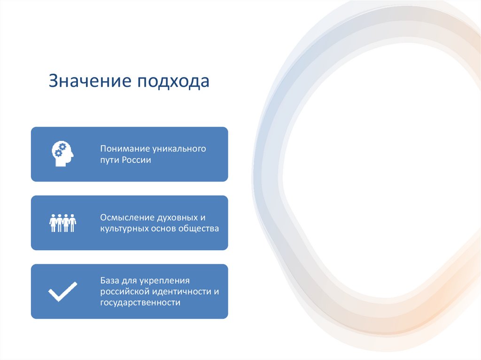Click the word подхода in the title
[x=173, y=81]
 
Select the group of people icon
[x=62, y=222]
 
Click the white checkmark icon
[x=62, y=291]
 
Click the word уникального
[x=179, y=149]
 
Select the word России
[x=137, y=160]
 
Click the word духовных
[x=176, y=218]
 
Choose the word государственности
[x=140, y=303]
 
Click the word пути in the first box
[x=109, y=160]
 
